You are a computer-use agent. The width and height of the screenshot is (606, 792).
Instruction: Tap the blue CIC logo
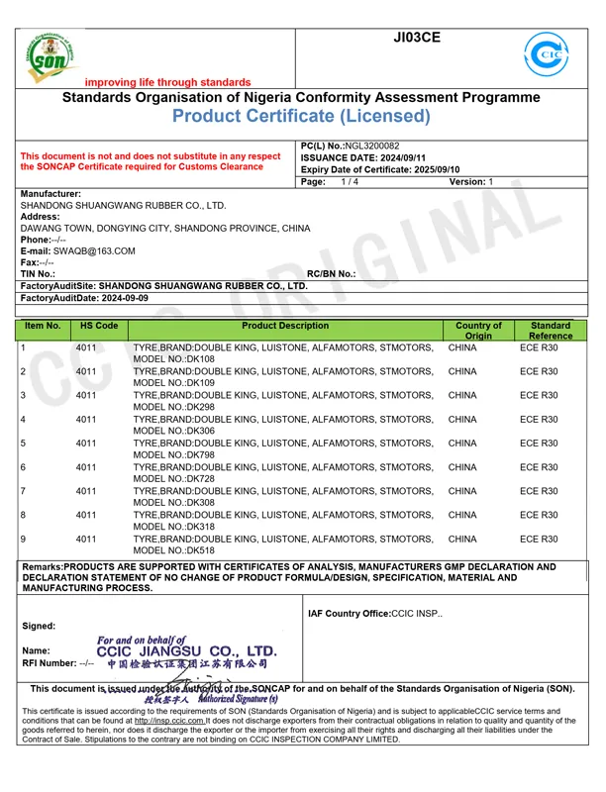click(x=546, y=54)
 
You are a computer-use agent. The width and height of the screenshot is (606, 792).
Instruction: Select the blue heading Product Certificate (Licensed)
click(x=301, y=117)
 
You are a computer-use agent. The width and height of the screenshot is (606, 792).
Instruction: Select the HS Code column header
click(x=99, y=326)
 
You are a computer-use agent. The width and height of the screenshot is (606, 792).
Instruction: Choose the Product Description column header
click(x=285, y=326)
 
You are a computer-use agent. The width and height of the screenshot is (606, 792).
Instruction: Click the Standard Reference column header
click(x=551, y=331)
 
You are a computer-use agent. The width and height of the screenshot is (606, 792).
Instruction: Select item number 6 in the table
click(x=23, y=467)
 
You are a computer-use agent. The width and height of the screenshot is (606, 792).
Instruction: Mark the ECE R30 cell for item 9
click(x=539, y=540)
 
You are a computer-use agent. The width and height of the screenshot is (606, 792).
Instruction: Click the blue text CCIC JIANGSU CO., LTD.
click(x=187, y=651)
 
